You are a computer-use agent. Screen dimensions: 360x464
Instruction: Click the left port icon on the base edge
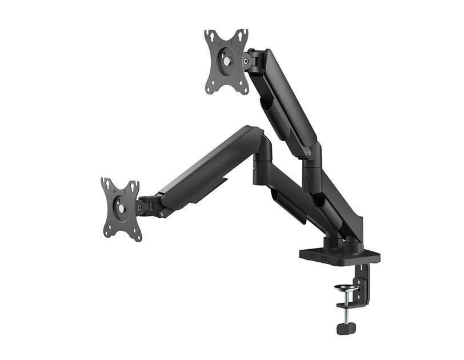[313, 258]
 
